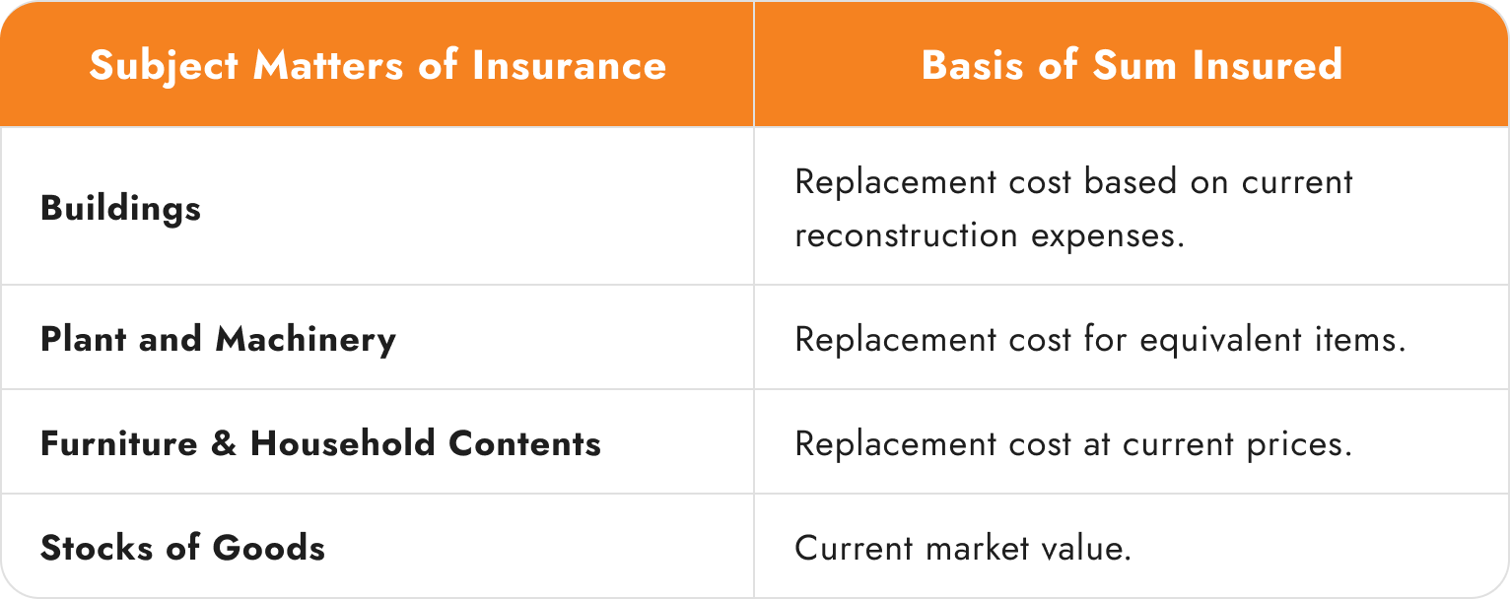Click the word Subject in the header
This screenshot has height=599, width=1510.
tap(164, 66)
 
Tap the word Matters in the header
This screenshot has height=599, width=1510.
tap(328, 65)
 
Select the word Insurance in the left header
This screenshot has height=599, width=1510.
tap(570, 65)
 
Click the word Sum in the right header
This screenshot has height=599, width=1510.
tap(1133, 65)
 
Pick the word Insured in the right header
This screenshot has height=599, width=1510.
tap(1268, 65)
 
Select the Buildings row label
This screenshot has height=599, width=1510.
tap(120, 208)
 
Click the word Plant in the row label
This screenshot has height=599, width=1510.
tap(83, 338)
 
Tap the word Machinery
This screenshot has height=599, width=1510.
tap(306, 339)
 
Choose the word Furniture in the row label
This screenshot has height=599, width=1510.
tap(119, 443)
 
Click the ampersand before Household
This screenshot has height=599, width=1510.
tap(224, 443)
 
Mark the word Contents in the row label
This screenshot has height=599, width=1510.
tap(524, 443)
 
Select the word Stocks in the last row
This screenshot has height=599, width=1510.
tap(97, 547)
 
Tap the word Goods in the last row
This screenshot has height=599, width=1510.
tap(269, 547)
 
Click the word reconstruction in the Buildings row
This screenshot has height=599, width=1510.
tap(906, 235)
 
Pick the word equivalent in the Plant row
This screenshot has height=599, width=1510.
tap(1221, 339)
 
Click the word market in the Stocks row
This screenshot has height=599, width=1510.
tap(978, 548)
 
